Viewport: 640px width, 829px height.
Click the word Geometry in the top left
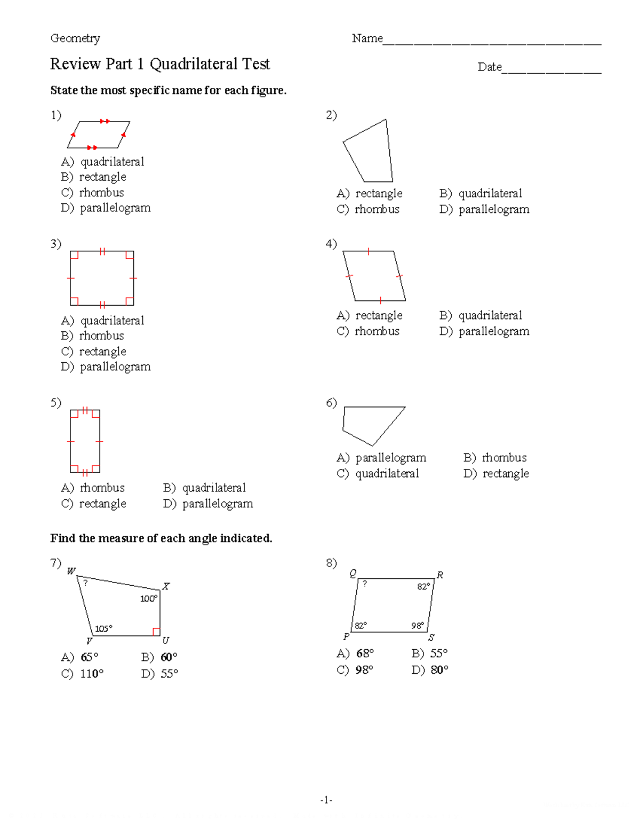tap(75, 38)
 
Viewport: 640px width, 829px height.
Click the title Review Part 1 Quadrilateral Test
tap(160, 64)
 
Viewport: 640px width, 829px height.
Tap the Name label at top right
tap(367, 38)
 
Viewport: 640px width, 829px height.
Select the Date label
tap(489, 67)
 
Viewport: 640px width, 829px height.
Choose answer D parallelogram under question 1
tap(106, 208)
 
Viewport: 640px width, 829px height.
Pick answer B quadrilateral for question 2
tap(481, 193)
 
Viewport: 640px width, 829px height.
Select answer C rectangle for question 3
tap(94, 352)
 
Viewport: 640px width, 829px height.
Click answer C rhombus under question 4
tap(368, 331)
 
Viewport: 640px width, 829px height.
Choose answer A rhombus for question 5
tap(93, 488)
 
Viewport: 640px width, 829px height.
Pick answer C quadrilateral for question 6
tap(378, 474)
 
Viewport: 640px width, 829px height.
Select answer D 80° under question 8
tap(430, 670)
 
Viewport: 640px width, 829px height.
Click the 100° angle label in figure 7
tap(148, 599)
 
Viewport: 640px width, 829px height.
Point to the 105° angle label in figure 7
tap(103, 628)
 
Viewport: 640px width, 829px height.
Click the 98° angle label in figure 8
tap(418, 626)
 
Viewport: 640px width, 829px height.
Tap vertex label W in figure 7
tap(71, 571)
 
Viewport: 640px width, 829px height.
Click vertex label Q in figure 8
tap(353, 573)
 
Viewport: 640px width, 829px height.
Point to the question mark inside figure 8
tap(365, 584)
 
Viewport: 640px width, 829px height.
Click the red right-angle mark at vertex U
tap(156, 632)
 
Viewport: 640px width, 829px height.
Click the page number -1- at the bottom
tap(326, 800)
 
